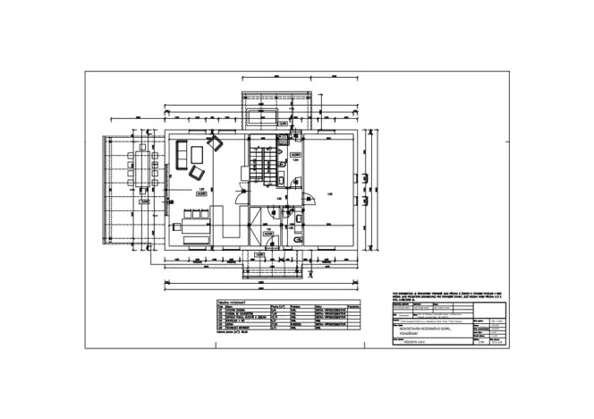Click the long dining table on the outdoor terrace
142,168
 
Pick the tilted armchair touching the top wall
214,141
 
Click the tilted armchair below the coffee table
198,173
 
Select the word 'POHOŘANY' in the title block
408,335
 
